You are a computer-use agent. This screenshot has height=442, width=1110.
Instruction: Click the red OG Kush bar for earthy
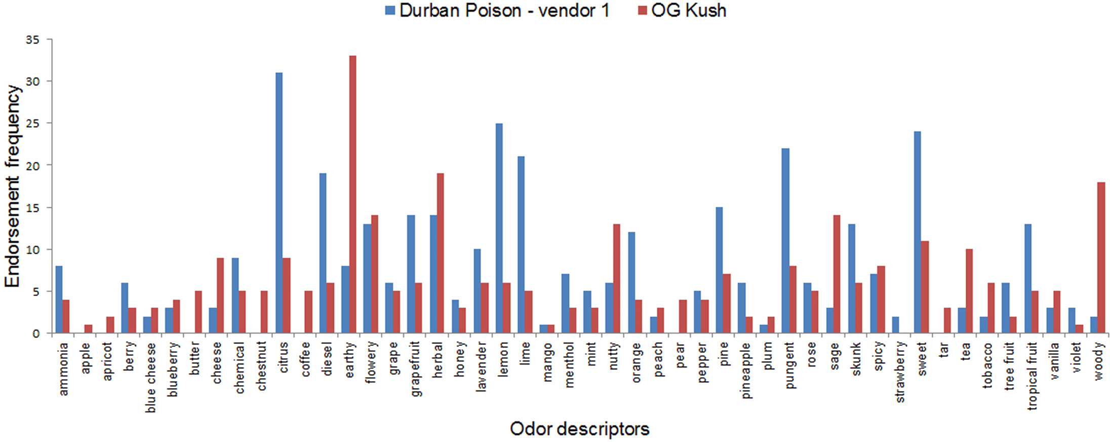click(x=352, y=195)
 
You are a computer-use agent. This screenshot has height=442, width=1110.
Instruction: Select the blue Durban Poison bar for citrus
click(x=279, y=203)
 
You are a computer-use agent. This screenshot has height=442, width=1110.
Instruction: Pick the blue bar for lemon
click(x=499, y=228)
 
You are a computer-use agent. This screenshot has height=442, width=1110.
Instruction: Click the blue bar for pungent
click(x=785, y=241)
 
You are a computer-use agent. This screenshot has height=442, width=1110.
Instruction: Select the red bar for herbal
click(x=441, y=253)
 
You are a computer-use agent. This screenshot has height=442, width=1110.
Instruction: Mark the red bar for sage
click(x=837, y=274)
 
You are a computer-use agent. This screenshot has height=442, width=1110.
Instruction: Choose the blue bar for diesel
click(x=323, y=253)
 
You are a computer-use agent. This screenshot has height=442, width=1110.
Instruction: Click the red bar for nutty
click(x=616, y=278)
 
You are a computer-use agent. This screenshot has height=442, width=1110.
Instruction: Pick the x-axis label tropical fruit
click(x=1032, y=375)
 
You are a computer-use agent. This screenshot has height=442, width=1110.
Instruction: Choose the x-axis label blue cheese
click(x=151, y=377)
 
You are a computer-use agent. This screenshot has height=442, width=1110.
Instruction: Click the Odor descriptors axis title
click(x=579, y=429)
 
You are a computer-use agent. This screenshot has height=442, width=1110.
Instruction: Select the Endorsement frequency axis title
click(x=13, y=186)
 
